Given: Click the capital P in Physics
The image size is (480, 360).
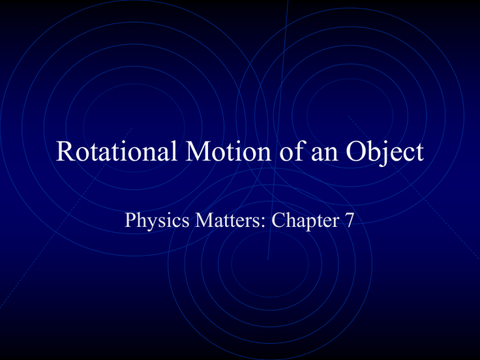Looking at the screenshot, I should click(x=131, y=219).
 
